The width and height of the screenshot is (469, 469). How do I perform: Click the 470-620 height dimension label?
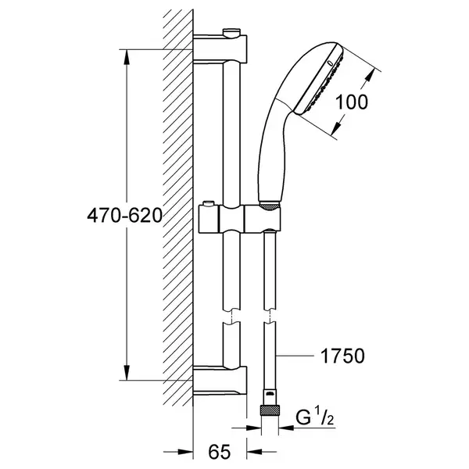[125, 216]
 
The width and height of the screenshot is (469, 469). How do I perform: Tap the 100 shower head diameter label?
[352, 102]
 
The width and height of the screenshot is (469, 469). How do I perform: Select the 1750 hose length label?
[342, 356]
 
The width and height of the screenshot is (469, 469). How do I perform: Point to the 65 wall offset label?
[220, 452]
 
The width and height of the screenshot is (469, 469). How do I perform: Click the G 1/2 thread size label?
[315, 417]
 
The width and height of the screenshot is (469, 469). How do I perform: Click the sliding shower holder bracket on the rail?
[240, 218]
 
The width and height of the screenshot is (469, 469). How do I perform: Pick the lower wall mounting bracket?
[220, 381]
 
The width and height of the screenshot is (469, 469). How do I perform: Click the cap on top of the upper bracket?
[232, 32]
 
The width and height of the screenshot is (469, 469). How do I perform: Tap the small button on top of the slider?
[208, 203]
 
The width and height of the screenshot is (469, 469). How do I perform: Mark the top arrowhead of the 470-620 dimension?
[127, 56]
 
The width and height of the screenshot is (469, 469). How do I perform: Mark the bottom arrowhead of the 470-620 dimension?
[127, 373]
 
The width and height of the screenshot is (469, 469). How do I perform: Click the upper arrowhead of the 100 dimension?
[371, 74]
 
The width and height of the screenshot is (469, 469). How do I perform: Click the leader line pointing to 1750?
[295, 356]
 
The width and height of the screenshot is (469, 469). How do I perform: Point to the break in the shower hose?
[270, 316]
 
